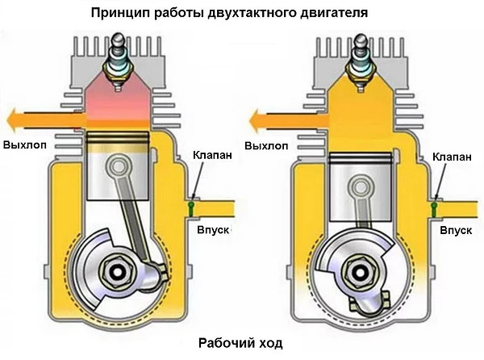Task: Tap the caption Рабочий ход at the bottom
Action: tap(241, 344)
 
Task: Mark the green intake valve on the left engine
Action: tap(191, 208)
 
